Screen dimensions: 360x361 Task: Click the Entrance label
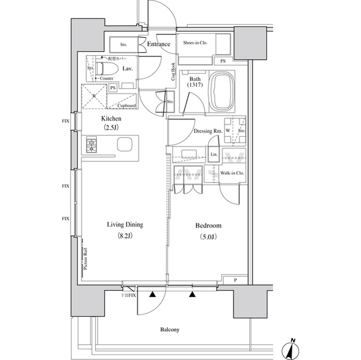click(x=159, y=45)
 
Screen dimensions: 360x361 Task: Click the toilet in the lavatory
click(x=107, y=69)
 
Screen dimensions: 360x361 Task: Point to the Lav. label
click(x=127, y=68)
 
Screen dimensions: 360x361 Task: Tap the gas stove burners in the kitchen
click(x=92, y=145)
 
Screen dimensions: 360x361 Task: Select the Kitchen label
click(x=111, y=119)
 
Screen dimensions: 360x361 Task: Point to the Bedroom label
click(x=208, y=225)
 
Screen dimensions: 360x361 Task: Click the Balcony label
click(x=169, y=330)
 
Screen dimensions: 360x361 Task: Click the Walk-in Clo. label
click(x=232, y=174)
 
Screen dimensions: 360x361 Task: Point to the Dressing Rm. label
click(x=207, y=131)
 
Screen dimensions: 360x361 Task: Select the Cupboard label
click(x=126, y=105)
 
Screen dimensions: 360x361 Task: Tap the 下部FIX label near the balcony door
click(x=129, y=295)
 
